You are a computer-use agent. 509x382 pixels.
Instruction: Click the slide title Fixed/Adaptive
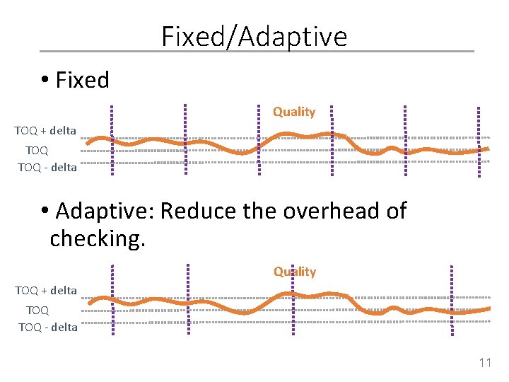click(x=255, y=36)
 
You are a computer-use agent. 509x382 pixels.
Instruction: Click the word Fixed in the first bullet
click(x=82, y=80)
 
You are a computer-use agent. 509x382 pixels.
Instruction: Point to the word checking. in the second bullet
click(x=98, y=238)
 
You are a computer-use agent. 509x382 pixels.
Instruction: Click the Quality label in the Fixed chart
click(x=294, y=112)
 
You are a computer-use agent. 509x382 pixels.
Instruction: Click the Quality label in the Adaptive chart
click(x=295, y=272)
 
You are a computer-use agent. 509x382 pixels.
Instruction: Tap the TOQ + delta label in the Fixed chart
click(x=45, y=131)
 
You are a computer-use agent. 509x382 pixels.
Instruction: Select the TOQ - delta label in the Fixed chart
click(x=47, y=168)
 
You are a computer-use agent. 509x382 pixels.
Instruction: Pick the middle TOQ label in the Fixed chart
click(x=37, y=150)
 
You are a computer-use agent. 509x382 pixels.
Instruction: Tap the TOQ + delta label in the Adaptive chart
click(x=46, y=290)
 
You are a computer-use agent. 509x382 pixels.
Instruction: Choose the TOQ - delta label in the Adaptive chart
click(x=48, y=327)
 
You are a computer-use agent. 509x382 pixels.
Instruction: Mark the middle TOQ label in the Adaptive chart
click(x=37, y=309)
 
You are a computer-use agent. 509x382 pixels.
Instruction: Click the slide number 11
click(x=485, y=364)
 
